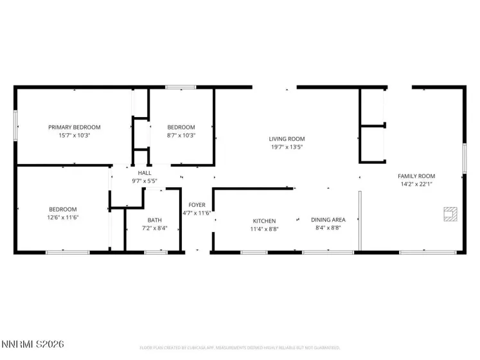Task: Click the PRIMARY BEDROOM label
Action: pos(75,127)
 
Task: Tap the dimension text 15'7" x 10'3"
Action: pos(75,136)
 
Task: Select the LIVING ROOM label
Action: pos(287,139)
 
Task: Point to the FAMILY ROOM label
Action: pos(416,176)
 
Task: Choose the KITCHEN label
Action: pos(263,221)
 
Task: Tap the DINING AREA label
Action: pos(328,221)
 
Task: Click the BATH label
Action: pos(154,221)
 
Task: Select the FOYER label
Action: pos(197,205)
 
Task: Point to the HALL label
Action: pos(145,173)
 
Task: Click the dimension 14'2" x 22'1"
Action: pos(416,184)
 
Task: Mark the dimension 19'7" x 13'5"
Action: pos(287,147)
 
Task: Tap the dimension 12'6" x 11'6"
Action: pos(63,217)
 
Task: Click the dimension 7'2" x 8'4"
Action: pos(154,228)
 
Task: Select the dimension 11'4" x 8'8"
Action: pos(263,228)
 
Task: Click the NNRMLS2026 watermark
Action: pos(33,345)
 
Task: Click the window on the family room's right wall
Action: pos(464,158)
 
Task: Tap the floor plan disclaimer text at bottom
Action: pos(240,348)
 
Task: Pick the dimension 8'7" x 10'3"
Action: pos(181,136)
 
